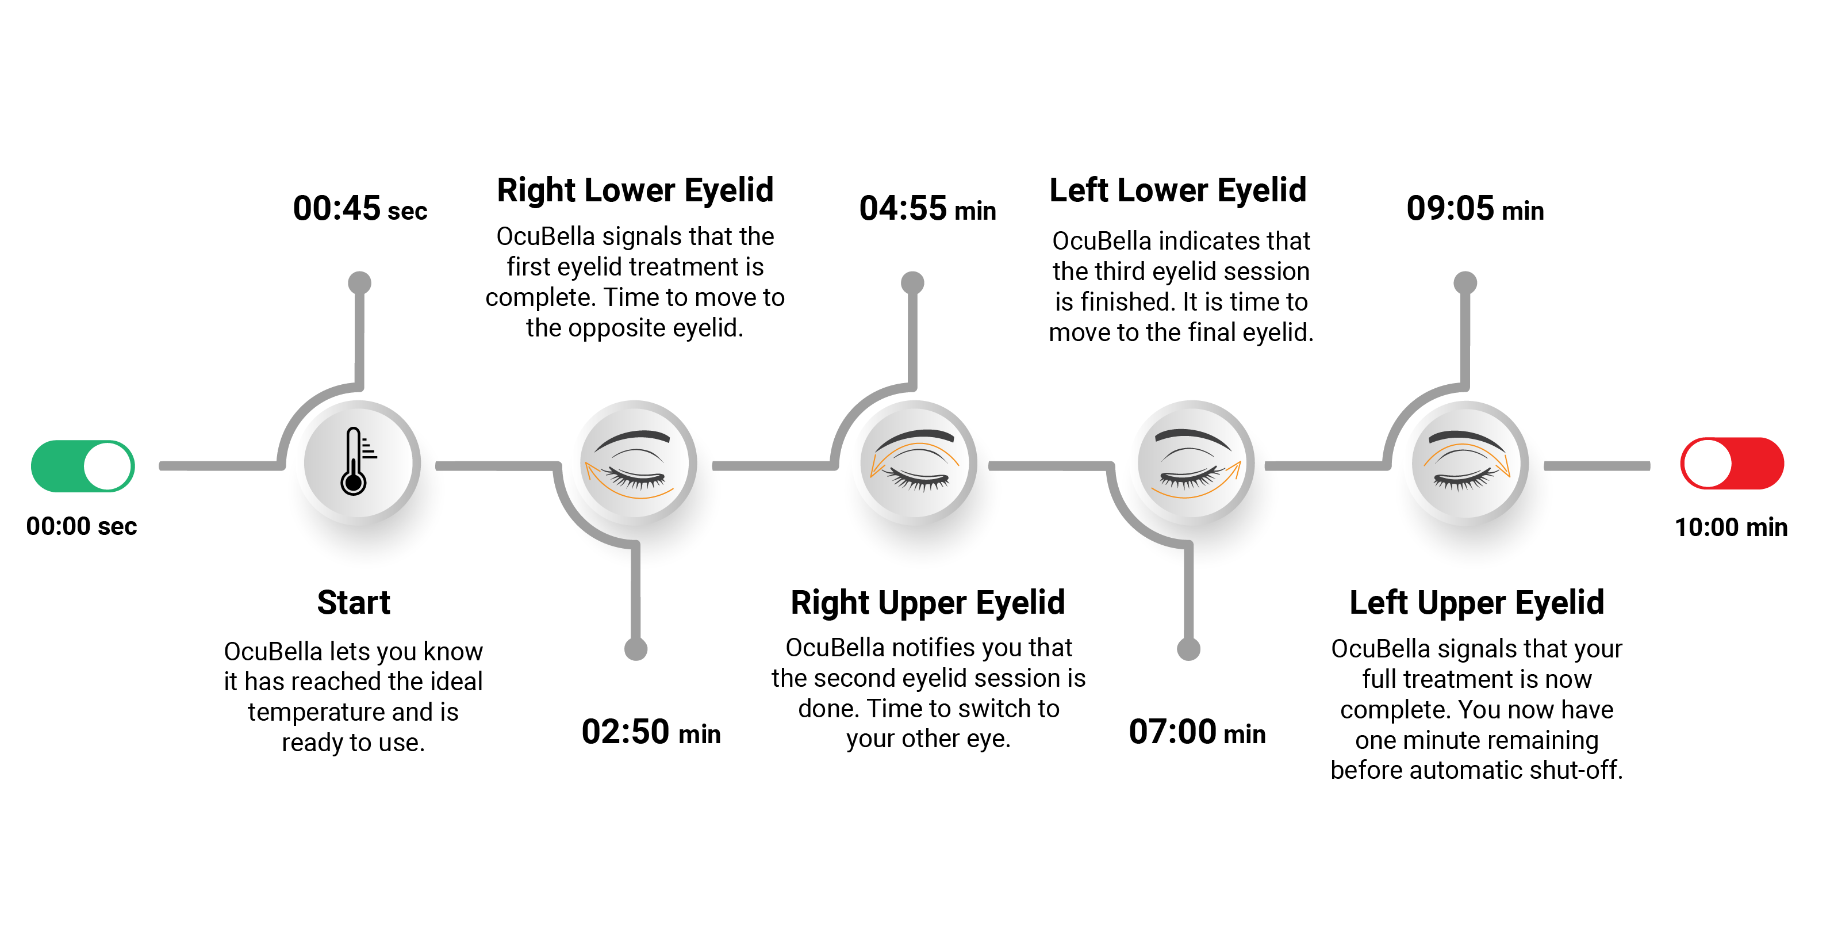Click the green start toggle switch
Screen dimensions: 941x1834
(83, 466)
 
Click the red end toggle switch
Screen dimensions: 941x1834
(1732, 464)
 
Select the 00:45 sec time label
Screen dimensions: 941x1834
(359, 209)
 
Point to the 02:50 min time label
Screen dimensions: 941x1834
(651, 732)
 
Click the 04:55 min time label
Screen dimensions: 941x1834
(927, 209)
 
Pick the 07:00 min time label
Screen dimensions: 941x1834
(1197, 732)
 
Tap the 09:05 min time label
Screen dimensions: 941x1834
(1475, 209)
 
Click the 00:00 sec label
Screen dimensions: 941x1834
(81, 526)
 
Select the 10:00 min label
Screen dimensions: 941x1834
(1731, 527)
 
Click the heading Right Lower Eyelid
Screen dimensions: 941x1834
(635, 190)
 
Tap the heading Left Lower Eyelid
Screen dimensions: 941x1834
(1177, 190)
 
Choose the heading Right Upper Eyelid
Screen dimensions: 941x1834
(928, 603)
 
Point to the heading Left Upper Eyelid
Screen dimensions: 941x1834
(1476, 603)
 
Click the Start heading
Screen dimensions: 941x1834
(354, 603)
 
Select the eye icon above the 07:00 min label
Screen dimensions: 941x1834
(1192, 464)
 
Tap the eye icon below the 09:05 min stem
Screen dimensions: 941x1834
(1467, 464)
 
